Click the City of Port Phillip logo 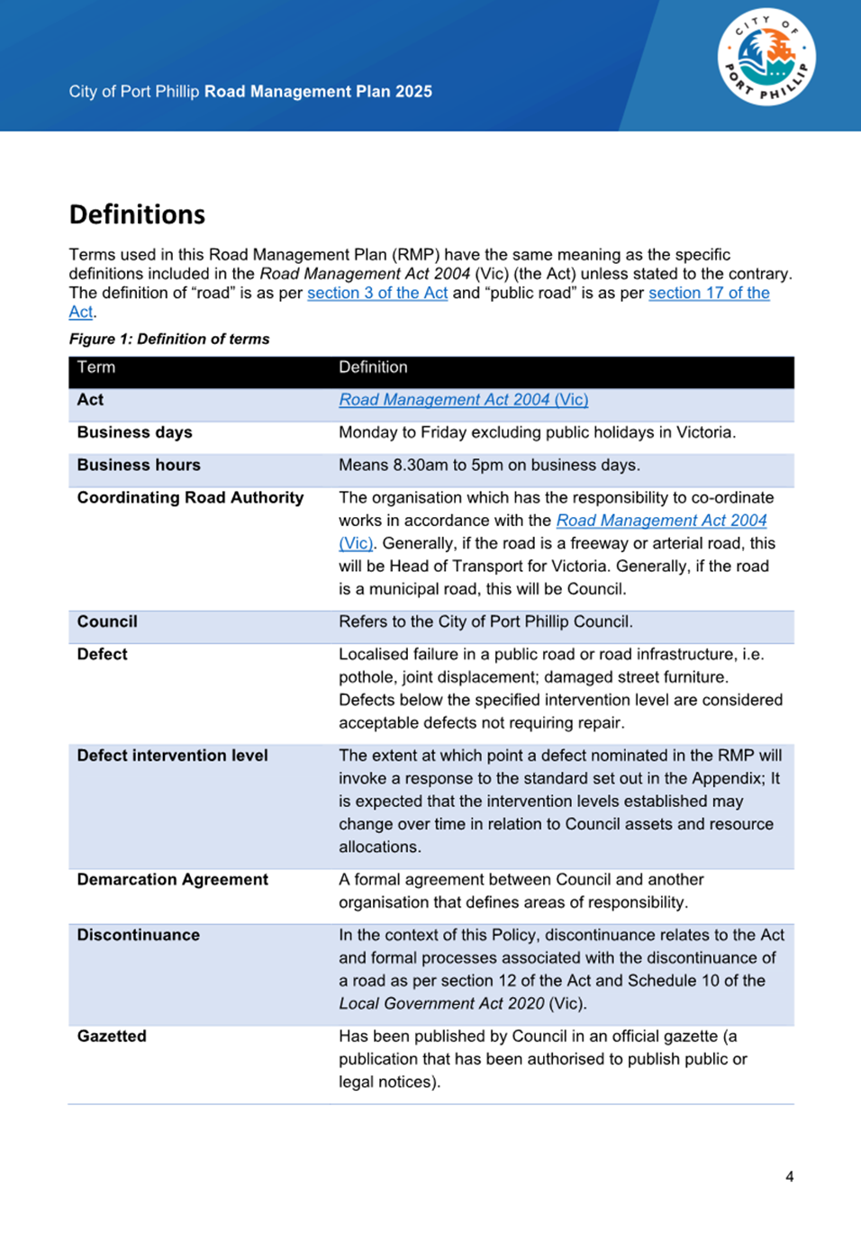coord(766,59)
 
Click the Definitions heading coord(137,214)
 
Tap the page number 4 coord(789,1176)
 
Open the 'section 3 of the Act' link coord(377,293)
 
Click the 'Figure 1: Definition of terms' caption coord(169,339)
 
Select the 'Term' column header coord(96,367)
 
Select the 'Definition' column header coord(373,367)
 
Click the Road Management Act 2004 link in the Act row coord(463,400)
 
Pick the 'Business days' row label coord(134,432)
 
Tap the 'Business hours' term coord(139,465)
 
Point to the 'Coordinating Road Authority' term coord(190,497)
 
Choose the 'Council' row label coord(107,621)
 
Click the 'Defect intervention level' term coord(172,756)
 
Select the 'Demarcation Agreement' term coord(172,879)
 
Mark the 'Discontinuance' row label coord(138,935)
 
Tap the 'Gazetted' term coord(112,1036)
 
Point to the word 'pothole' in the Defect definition coord(365,677)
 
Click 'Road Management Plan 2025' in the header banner coord(318,92)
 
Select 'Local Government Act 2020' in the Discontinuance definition coord(441,1003)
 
